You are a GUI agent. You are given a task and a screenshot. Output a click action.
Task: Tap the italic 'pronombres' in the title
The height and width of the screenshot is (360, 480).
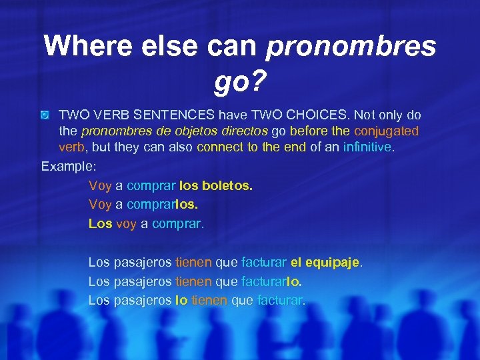(351, 46)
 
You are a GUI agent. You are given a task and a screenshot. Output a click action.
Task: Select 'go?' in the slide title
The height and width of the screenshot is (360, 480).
(240, 82)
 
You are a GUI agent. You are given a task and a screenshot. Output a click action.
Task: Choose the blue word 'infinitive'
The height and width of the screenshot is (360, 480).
(367, 147)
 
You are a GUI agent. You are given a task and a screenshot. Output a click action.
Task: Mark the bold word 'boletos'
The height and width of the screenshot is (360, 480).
(228, 186)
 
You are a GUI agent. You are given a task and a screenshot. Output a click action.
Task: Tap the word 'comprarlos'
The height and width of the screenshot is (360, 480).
(161, 205)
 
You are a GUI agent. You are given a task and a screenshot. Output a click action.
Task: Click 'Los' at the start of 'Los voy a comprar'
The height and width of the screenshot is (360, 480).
(100, 223)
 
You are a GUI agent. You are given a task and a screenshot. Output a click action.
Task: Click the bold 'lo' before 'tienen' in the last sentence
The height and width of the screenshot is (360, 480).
(181, 300)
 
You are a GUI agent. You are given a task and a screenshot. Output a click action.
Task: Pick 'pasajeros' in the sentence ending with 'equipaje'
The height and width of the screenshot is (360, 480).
(143, 263)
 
